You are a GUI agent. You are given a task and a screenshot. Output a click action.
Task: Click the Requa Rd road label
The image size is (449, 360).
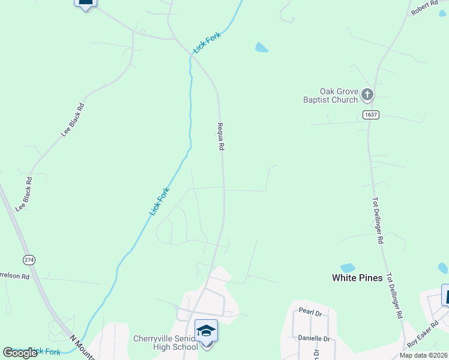[220, 137]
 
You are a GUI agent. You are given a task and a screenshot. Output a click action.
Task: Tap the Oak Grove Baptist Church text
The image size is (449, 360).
[331, 95]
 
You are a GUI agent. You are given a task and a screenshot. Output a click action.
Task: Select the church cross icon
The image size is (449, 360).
[367, 94]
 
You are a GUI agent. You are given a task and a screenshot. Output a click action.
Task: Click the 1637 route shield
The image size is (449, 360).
[371, 115]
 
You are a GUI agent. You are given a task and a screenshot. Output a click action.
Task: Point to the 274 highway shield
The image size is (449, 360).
[29, 260]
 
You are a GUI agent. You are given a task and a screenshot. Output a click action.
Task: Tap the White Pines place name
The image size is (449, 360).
[357, 278]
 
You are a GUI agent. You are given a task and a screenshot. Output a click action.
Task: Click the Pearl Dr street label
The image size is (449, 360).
[310, 313]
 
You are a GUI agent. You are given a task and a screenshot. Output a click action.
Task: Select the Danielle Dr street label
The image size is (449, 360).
[314, 338]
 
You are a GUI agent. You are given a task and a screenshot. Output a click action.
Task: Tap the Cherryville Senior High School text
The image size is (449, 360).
[166, 343]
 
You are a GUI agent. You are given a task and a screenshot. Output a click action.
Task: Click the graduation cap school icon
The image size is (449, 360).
[206, 331]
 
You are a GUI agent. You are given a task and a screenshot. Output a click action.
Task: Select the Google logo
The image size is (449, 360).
[20, 353]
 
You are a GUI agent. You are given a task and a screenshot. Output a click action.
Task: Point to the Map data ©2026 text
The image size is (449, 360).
[424, 355]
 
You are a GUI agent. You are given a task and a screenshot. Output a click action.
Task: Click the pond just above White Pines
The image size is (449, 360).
[348, 268]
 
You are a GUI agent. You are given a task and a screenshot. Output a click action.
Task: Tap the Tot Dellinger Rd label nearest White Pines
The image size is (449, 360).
[394, 296]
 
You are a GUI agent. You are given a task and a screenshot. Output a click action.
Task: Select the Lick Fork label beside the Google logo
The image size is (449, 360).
[45, 351]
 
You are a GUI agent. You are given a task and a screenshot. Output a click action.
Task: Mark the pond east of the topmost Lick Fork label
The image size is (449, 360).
[261, 47]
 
